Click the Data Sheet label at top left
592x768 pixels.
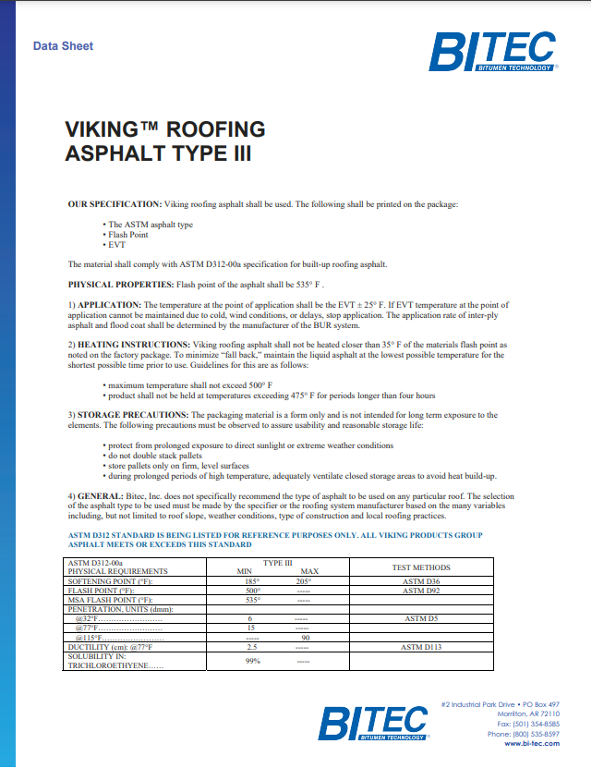coord(63,46)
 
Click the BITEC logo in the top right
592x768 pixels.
coord(493,52)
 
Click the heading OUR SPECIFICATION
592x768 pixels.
coord(115,203)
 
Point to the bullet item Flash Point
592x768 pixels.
coord(128,235)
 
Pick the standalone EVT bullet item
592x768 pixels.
coord(117,245)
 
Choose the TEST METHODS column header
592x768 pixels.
coord(421,567)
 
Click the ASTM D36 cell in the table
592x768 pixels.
coord(421,581)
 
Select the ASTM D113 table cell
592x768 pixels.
coord(421,647)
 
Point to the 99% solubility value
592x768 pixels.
coord(252,661)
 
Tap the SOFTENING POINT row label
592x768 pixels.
coord(110,581)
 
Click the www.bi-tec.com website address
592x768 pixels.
coord(533,743)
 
